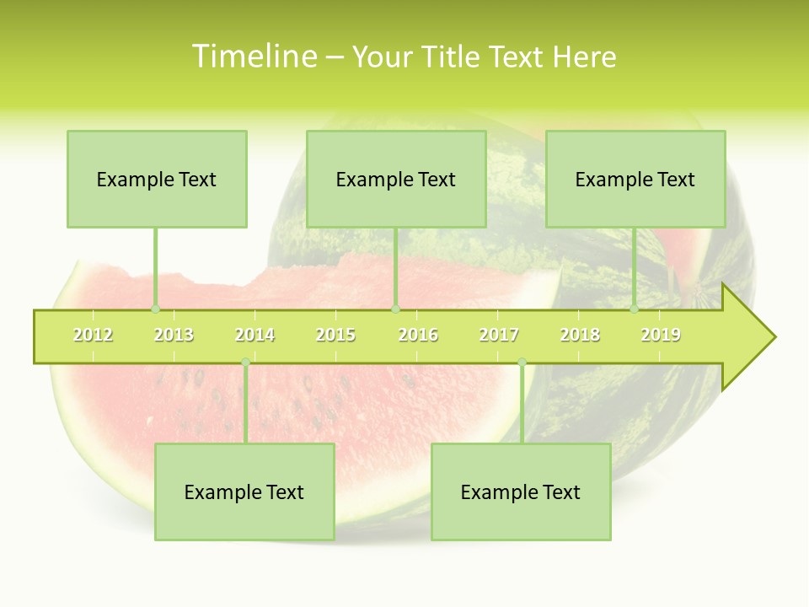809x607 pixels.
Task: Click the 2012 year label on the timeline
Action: click(x=93, y=335)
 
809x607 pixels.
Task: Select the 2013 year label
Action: click(x=174, y=335)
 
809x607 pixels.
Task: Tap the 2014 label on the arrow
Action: click(x=254, y=335)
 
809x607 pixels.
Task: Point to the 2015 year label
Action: click(x=335, y=335)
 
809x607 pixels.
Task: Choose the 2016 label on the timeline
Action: click(x=418, y=335)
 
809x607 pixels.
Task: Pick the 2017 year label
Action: click(x=499, y=335)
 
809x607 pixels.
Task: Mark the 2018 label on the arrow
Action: click(x=580, y=335)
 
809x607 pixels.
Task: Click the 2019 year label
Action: click(x=661, y=335)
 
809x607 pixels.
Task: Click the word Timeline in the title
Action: click(x=253, y=56)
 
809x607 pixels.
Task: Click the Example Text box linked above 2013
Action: click(x=157, y=179)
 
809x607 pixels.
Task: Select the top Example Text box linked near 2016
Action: click(x=396, y=179)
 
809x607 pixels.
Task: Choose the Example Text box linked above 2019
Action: click(x=635, y=179)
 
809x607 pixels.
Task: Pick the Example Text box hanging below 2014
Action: click(x=244, y=492)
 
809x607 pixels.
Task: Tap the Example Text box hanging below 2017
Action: click(x=521, y=492)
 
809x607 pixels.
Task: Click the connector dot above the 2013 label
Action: click(x=155, y=309)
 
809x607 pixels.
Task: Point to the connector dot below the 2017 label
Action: click(x=522, y=363)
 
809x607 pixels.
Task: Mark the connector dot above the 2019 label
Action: click(x=634, y=309)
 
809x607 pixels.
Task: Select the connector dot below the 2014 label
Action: click(x=245, y=363)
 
